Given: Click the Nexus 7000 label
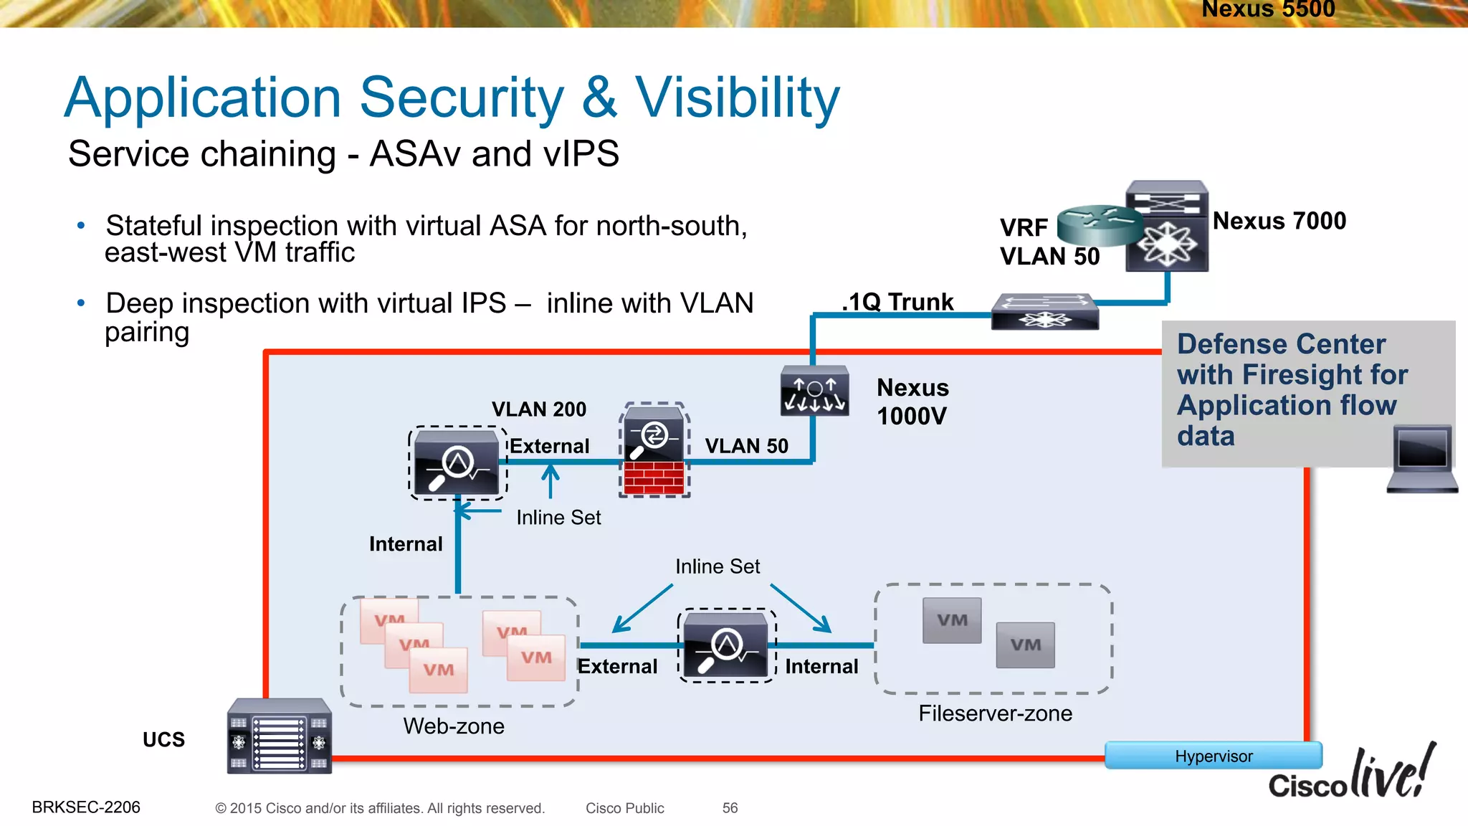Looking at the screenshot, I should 1279,221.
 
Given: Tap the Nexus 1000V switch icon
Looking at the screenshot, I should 814,391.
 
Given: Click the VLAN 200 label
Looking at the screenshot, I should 539,409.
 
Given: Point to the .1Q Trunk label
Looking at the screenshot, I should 898,302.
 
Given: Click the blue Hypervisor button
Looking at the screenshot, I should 1213,756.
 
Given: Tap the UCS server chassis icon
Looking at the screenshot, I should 279,736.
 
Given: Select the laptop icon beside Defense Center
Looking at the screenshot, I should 1422,459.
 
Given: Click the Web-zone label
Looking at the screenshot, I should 454,726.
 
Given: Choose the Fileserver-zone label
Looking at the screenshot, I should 995,713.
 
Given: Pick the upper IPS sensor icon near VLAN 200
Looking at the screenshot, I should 457,463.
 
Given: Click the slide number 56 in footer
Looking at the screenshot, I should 730,808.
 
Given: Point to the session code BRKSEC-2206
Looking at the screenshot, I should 86,807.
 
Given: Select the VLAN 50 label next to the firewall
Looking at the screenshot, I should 746,446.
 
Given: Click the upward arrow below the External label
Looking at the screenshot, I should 550,480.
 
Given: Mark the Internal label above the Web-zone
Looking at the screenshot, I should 406,544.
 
